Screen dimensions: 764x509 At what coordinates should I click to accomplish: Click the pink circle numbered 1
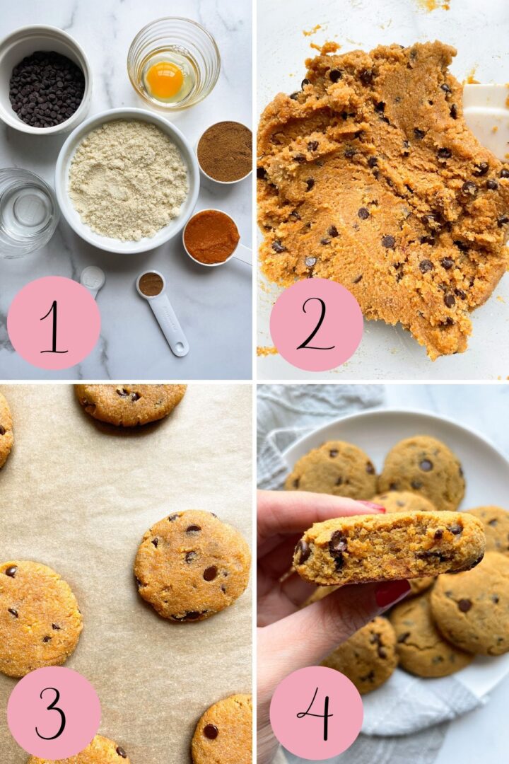click(x=54, y=323)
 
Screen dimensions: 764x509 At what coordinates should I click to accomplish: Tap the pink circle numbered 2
click(x=316, y=324)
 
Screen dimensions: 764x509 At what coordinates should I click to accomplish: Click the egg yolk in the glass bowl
click(x=165, y=80)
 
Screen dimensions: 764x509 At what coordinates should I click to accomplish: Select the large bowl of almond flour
click(x=127, y=180)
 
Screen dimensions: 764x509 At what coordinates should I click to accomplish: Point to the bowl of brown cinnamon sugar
click(x=224, y=151)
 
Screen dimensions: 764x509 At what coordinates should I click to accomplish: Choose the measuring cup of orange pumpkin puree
click(x=211, y=237)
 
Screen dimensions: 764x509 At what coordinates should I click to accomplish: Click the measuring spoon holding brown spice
click(x=151, y=284)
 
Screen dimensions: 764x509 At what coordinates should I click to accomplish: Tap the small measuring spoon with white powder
click(x=92, y=278)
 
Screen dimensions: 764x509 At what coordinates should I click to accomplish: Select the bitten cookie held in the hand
click(x=389, y=546)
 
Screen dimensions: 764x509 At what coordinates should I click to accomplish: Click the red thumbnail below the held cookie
click(x=392, y=593)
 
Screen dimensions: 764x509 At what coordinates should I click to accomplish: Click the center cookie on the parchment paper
click(x=192, y=565)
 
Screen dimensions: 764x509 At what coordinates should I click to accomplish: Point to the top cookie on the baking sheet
click(x=130, y=403)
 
